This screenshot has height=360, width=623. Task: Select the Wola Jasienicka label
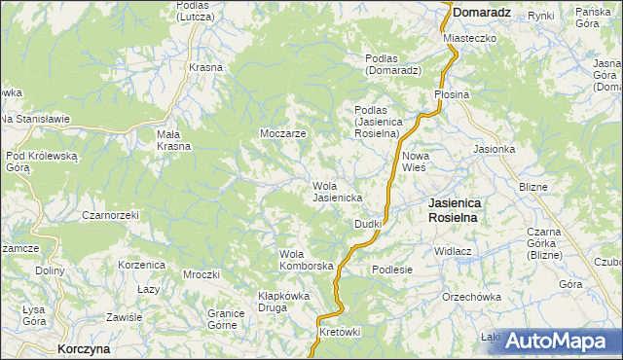pos(338,192)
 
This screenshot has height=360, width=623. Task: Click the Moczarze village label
pos(283,132)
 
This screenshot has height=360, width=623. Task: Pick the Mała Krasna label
pos(174,140)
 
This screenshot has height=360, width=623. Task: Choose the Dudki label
pos(367,224)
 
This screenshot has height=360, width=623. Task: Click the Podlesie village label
pos(392,270)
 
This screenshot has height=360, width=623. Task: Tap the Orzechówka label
pos(471,297)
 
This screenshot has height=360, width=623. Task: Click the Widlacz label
pos(453,250)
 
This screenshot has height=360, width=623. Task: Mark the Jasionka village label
pos(494,149)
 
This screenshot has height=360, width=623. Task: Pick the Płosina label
pos(452,94)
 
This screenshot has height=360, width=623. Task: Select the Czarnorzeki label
pos(110,214)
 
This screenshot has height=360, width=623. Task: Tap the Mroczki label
pos(201,274)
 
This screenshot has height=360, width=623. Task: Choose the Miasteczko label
pos(470,37)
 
